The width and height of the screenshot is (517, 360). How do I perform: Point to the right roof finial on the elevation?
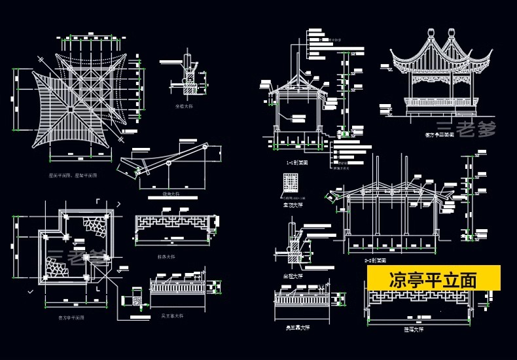tap(452, 33)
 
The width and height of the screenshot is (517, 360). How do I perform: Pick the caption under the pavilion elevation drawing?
tap(439, 135)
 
